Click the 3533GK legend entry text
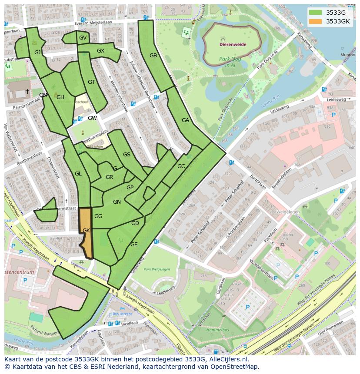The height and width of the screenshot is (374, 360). tap(338, 21)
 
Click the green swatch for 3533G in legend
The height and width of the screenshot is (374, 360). tap(316, 13)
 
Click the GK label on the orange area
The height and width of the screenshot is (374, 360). tap(86, 231)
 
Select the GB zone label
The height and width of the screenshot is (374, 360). tap(153, 56)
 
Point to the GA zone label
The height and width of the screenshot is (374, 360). tap(185, 120)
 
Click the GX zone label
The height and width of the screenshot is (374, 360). tap(100, 51)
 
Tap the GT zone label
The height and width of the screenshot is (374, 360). tap(91, 82)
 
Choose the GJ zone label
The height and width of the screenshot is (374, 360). tap(37, 53)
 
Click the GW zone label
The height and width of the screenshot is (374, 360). tap(92, 118)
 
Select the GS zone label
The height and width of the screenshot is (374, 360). tap(127, 155)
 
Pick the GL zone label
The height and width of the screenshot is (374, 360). tap(78, 174)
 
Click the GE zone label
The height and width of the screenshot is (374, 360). tap(134, 245)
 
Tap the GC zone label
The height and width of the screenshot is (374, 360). tap(181, 166)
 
